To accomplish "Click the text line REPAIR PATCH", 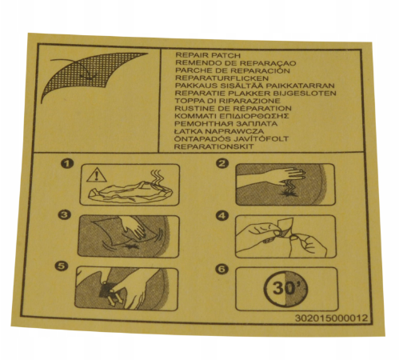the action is (x=208, y=55).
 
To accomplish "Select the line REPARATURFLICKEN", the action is (x=221, y=78).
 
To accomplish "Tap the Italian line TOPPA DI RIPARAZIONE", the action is (x=228, y=101).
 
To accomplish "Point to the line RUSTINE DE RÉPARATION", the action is (x=233, y=109).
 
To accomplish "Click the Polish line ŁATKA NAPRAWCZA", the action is (x=219, y=131).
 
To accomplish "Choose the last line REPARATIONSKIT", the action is (x=214, y=146).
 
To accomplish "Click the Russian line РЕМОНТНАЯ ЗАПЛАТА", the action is (x=226, y=124).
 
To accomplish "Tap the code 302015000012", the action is (x=331, y=318).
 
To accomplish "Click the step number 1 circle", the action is (x=67, y=163).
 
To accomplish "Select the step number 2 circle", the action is (x=222, y=163).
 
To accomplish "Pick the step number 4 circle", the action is (x=221, y=215).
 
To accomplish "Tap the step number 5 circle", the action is (x=61, y=266).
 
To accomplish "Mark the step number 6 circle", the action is (x=221, y=269).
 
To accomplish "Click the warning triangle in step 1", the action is (x=97, y=175).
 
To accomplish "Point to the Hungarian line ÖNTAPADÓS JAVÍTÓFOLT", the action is (x=231, y=139).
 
